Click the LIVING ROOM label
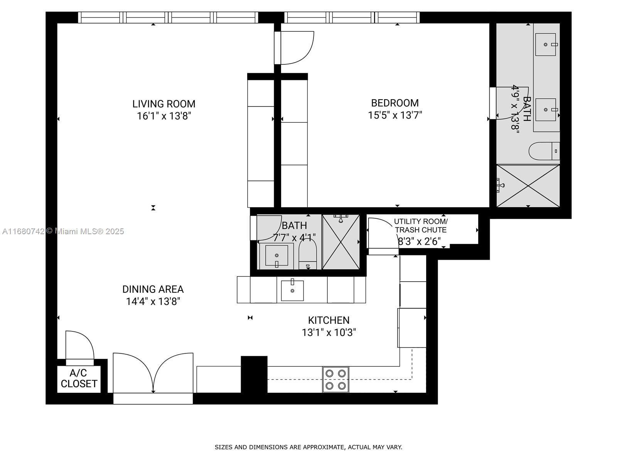[164, 104]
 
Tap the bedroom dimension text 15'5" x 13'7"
[395, 115]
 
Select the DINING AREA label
[153, 289]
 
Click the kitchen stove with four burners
[335, 380]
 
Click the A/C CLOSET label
[79, 379]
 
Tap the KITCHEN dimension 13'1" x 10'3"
[329, 333]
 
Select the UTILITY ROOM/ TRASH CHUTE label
[421, 226]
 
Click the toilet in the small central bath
[307, 254]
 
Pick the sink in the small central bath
[276, 255]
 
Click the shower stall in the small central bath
[341, 242]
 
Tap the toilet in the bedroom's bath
[544, 151]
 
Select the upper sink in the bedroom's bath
[546, 44]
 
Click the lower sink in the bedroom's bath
[546, 110]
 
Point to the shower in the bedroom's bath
[528, 186]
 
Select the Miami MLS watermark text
[63, 231]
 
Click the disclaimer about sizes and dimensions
[308, 447]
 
